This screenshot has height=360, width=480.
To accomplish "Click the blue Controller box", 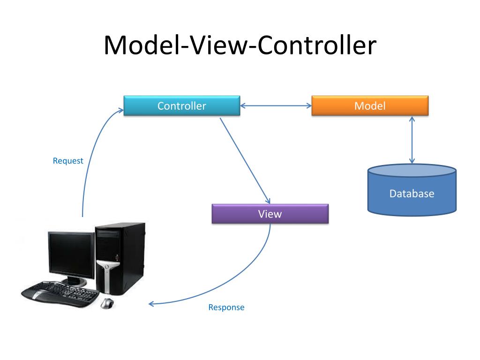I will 181,106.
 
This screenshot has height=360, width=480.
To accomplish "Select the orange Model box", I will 370,106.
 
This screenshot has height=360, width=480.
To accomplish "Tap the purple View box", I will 270,214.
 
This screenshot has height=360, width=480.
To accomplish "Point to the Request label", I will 68,161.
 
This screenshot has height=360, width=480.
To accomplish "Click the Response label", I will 226,307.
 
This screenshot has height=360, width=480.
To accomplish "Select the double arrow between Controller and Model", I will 276,106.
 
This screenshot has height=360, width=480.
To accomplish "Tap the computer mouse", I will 107,303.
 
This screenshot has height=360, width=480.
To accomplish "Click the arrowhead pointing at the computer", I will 151,304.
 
